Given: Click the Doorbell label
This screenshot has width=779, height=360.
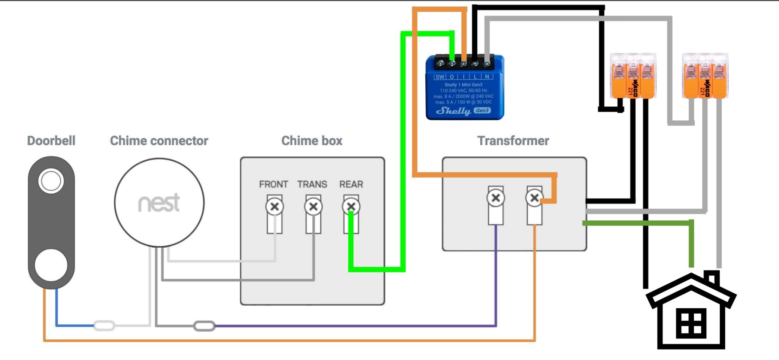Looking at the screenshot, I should pos(51,141).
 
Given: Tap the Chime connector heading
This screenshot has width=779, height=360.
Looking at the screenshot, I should pos(159,141).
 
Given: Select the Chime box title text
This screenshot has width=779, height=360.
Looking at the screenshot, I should pos(312,141).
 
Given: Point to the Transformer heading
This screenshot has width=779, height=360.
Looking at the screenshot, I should pos(513,141).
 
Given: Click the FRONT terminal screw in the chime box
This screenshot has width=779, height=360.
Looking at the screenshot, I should pos(274,206).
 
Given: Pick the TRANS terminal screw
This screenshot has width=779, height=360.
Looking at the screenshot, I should pos(313,206).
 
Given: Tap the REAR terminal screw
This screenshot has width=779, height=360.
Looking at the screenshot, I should pos(351,206).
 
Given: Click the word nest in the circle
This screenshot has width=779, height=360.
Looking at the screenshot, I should pos(159,203).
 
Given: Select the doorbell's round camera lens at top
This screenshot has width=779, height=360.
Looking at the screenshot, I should pos(51,181).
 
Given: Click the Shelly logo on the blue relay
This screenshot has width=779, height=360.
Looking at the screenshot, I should pos(453,111).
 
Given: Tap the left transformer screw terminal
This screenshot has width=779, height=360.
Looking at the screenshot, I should pos(496,198).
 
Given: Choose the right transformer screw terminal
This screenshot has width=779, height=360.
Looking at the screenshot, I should pos(534,198).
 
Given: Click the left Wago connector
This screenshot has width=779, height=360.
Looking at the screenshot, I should pos(633,76).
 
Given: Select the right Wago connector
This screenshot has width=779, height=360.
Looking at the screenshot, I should pos(705,76).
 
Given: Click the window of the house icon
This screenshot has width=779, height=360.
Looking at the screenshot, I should pos(691,323).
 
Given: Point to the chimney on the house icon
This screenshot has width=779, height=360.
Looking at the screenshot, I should pos(712,278).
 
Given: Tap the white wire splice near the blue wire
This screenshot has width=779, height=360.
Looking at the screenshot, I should pos(104,326).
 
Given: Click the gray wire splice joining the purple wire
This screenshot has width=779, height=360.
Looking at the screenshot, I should pos(204,326).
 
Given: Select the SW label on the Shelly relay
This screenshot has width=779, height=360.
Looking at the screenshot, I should pos(440,77).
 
